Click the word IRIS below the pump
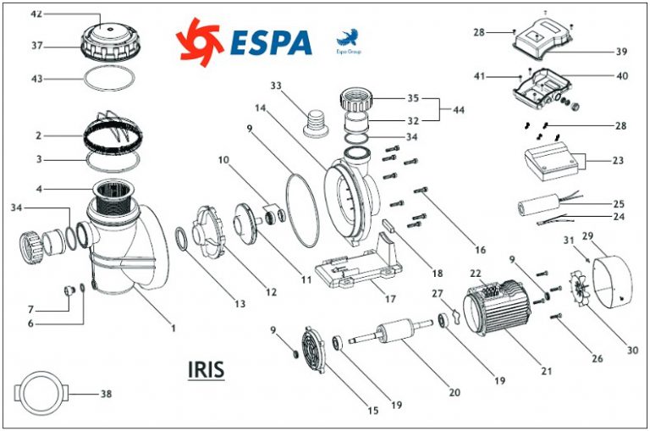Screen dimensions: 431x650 (207, 370)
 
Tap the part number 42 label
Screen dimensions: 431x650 (36, 15)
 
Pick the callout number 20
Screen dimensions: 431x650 (454, 393)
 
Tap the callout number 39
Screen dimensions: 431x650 (621, 52)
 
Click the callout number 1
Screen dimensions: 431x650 (173, 327)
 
